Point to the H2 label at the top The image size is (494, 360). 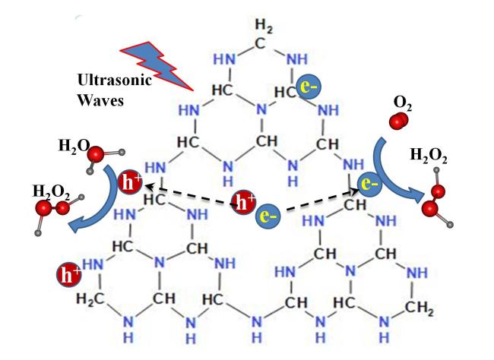261,27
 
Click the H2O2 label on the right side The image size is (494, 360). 428,157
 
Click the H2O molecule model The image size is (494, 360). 96,157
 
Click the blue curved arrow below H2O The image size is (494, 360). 97,205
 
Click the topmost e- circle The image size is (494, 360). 308,87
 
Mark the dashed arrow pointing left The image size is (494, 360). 190,193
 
